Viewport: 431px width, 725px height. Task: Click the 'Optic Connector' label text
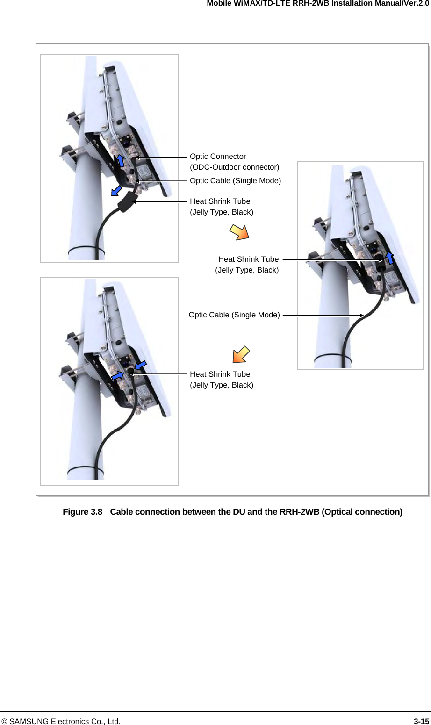pyautogui.click(x=218, y=157)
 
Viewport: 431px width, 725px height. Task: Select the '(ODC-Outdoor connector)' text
pyautogui.click(x=234, y=167)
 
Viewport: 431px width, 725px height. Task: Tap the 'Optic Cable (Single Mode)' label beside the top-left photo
pyautogui.click(x=235, y=181)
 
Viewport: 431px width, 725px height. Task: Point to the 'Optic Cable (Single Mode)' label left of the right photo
pyautogui.click(x=234, y=315)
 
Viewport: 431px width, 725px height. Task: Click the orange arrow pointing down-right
pyautogui.click(x=240, y=232)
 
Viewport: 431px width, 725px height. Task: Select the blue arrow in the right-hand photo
pyautogui.click(x=389, y=258)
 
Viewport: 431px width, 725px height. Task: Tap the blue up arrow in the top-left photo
pyautogui.click(x=120, y=160)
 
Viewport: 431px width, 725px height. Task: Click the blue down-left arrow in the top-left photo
pyautogui.click(x=116, y=191)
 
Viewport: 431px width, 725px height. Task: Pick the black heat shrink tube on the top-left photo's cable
pyautogui.click(x=126, y=203)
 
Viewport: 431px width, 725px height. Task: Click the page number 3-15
pyautogui.click(x=421, y=721)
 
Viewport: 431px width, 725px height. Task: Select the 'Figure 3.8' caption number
pyautogui.click(x=82, y=512)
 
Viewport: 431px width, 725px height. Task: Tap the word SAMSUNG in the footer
pyautogui.click(x=30, y=721)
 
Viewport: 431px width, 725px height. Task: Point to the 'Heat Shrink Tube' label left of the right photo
pyautogui.click(x=248, y=259)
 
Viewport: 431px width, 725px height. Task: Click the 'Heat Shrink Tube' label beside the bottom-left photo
pyautogui.click(x=220, y=374)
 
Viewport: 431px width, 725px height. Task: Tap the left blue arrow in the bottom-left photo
pyautogui.click(x=117, y=375)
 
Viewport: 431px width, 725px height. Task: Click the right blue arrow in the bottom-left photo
pyautogui.click(x=141, y=365)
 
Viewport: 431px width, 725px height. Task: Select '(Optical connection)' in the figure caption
pyautogui.click(x=362, y=512)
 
